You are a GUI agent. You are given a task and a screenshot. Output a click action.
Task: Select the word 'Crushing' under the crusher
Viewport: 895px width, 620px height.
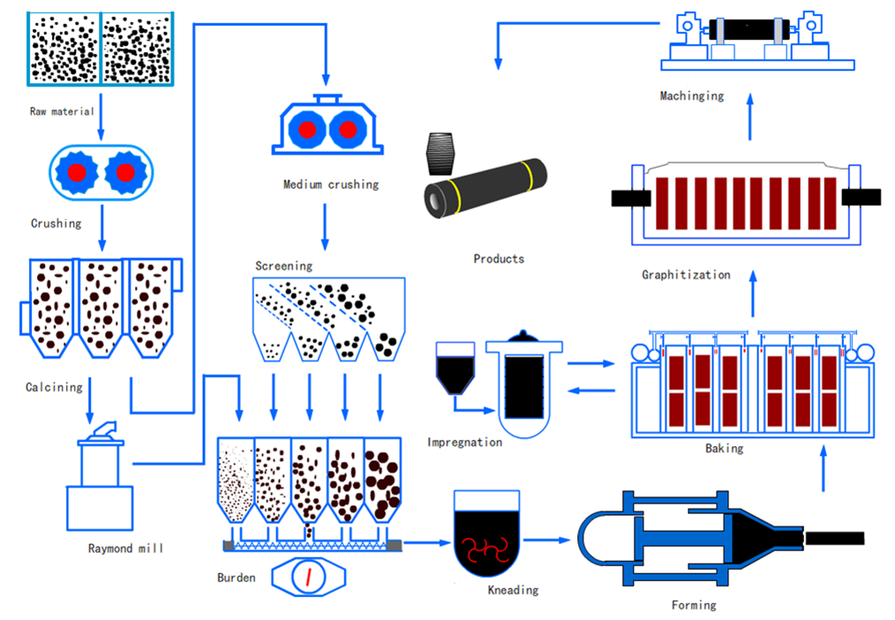pos(56,223)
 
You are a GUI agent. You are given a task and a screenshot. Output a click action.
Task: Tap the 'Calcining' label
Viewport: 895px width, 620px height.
pos(54,387)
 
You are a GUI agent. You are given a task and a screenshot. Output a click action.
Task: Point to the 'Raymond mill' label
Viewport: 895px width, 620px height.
pos(125,548)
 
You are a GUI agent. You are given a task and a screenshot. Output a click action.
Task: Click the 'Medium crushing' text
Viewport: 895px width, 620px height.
pos(330,185)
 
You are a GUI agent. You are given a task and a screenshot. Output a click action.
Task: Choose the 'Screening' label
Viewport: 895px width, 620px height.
pos(283,265)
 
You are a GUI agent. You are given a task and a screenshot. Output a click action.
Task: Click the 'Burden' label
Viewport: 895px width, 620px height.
pos(237,578)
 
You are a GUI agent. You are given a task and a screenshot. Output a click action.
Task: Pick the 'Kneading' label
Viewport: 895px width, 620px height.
pos(513,589)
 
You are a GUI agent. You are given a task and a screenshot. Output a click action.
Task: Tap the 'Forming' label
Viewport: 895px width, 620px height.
pos(693,605)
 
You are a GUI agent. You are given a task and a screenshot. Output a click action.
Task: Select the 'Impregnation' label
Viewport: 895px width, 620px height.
pos(464,442)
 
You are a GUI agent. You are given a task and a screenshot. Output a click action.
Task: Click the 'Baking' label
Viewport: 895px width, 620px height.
pos(724,448)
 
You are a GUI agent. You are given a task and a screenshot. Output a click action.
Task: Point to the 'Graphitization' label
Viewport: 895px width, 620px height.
pos(686,275)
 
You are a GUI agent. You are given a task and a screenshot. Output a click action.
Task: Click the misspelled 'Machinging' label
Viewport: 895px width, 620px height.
pos(691,95)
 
